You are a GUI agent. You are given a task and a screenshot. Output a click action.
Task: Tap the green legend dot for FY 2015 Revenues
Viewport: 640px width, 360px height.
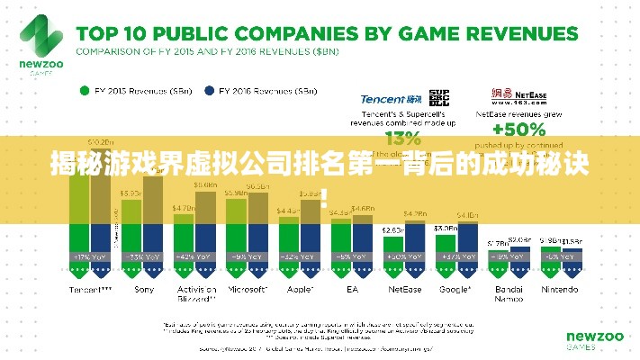[x=85, y=91]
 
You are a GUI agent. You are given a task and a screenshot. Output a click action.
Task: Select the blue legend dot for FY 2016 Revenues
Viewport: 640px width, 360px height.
[x=210, y=91]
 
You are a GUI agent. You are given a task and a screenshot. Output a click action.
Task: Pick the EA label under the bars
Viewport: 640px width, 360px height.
[x=352, y=290]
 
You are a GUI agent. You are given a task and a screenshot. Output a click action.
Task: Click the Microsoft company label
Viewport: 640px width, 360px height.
[x=248, y=290]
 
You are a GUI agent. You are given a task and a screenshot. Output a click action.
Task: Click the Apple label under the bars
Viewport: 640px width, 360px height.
[x=300, y=290]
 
